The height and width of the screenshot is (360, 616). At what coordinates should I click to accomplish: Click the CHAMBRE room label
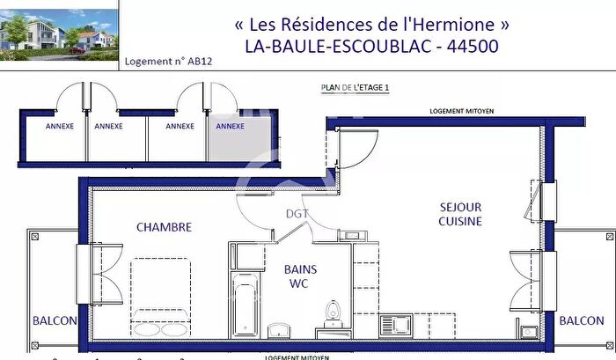[x=164, y=227]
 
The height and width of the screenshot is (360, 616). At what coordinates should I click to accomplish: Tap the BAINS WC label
[x=300, y=276]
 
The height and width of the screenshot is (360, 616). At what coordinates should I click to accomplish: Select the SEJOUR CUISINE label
[x=460, y=214]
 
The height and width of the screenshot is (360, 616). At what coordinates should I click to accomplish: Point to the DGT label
[x=297, y=214]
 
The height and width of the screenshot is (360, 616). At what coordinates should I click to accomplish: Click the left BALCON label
[x=55, y=321]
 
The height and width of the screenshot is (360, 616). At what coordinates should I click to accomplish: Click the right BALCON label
[x=582, y=321]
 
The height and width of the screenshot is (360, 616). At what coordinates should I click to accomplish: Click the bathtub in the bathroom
[x=242, y=305]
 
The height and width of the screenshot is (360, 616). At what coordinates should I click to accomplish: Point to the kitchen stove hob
[x=397, y=325]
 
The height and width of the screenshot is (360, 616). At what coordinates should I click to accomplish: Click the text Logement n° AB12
[x=169, y=62]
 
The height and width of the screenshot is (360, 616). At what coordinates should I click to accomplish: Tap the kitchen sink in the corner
[x=529, y=332]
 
